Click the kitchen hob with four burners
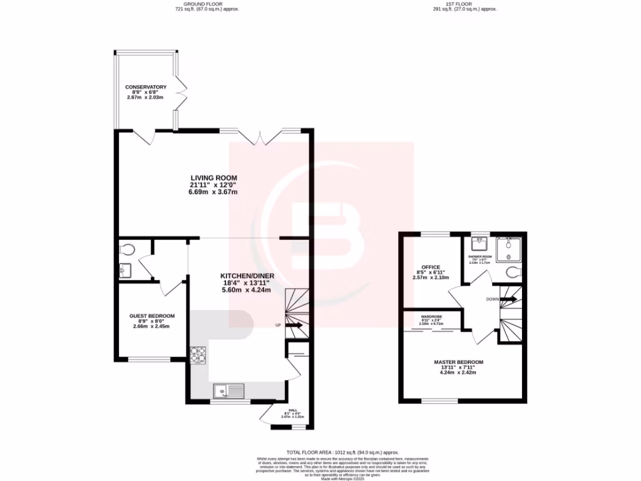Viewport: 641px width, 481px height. pos(198,355)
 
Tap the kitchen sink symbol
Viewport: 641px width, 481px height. pos(229,391)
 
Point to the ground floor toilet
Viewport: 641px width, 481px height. pos(127,249)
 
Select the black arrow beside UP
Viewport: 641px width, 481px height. pos(294,326)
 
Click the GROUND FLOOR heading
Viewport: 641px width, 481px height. pos(207,6)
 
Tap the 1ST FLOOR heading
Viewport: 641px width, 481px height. pos(458,6)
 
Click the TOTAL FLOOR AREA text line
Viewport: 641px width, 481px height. pos(342,452)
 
